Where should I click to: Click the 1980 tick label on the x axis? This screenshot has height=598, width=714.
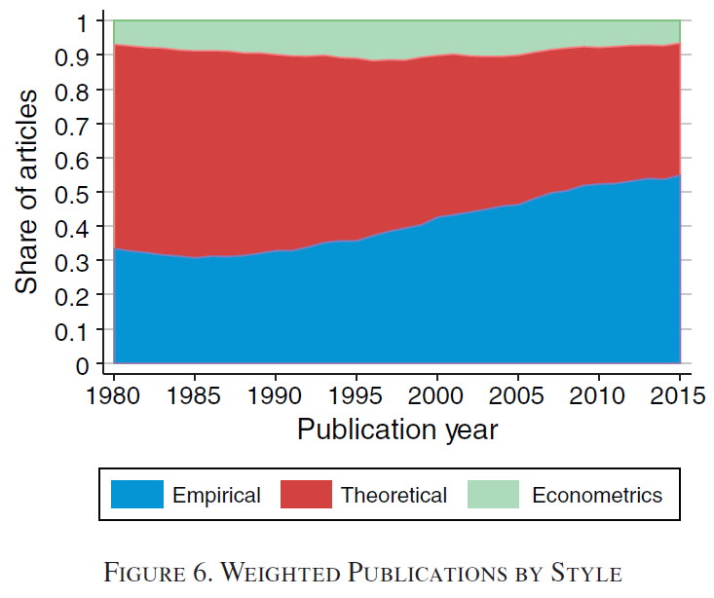(115, 395)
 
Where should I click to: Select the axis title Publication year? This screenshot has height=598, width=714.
(397, 429)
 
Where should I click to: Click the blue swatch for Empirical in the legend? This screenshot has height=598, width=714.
(136, 495)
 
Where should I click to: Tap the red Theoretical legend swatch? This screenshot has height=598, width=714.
(305, 495)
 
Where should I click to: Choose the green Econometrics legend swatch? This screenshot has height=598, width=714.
(493, 495)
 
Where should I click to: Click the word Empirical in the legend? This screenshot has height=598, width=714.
(216, 496)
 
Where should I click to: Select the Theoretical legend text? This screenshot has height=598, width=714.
(394, 496)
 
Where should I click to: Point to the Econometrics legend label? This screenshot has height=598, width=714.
(596, 496)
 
